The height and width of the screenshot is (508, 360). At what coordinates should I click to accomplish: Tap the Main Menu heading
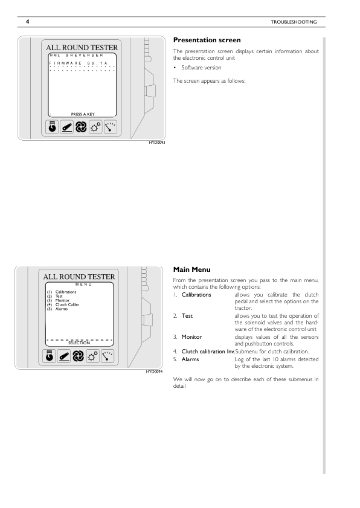[x=191, y=269]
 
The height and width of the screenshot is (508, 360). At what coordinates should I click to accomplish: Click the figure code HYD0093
[x=156, y=143]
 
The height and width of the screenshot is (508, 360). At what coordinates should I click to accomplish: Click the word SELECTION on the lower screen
[x=79, y=343]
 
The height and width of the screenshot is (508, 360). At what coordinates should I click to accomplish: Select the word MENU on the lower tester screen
[x=83, y=285]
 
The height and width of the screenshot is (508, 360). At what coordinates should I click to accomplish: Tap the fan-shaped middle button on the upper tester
[x=79, y=127]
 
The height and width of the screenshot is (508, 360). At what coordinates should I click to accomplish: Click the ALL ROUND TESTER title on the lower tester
[x=79, y=277]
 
